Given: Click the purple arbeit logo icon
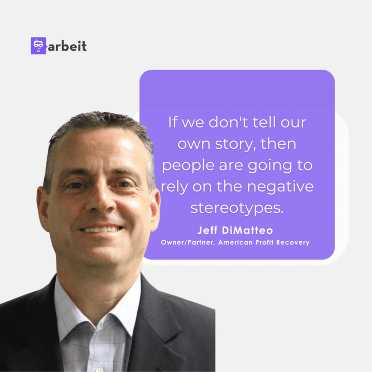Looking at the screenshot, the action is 38,46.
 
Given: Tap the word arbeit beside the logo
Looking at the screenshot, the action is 67,46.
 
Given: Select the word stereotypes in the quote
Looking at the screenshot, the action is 237,208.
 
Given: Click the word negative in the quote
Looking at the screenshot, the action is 280,186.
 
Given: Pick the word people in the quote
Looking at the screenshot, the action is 188,165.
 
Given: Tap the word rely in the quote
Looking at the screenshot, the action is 174,186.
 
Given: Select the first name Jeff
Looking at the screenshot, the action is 207,231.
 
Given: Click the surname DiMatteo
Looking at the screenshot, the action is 248,231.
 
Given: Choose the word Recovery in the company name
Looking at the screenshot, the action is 293,243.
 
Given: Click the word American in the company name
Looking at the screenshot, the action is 235,242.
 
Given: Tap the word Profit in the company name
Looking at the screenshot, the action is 264,242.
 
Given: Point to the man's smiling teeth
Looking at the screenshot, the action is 101,230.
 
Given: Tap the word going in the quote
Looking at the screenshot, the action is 270,166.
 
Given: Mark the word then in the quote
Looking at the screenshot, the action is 279,144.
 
